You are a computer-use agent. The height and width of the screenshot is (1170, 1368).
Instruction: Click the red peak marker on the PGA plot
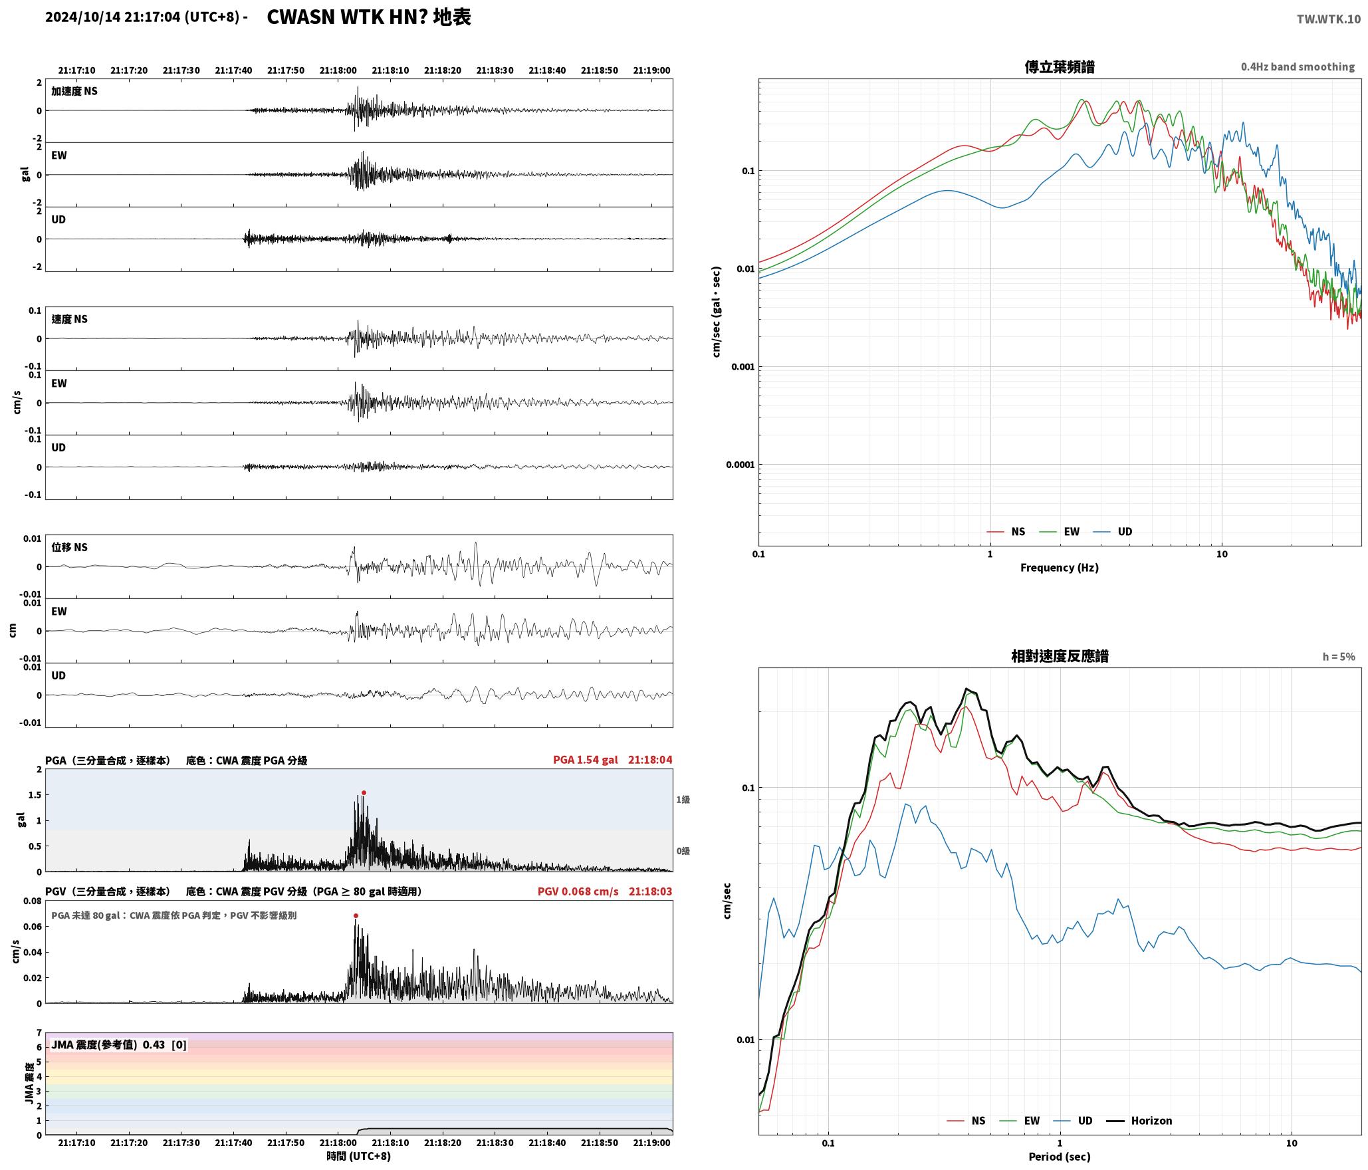(x=364, y=792)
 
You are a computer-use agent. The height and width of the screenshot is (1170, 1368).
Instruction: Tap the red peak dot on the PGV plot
(x=356, y=915)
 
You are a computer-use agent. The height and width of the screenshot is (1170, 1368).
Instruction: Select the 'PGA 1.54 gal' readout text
(x=586, y=760)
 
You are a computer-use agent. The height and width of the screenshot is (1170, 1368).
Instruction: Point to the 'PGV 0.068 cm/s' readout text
(x=578, y=891)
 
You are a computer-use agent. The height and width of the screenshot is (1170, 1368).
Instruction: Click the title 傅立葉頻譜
(x=1060, y=66)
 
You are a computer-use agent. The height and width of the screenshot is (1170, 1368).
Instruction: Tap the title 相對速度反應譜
(x=1060, y=655)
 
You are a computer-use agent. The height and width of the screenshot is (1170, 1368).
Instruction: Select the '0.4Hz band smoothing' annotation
(x=1298, y=66)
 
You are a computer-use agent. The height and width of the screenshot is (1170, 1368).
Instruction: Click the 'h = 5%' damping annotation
(x=1339, y=656)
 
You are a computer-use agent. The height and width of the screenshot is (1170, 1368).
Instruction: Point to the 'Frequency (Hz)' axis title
(x=1060, y=567)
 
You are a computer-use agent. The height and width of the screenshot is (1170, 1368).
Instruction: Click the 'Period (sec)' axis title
(x=1060, y=1156)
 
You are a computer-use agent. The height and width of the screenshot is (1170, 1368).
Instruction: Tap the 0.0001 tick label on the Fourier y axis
(x=741, y=464)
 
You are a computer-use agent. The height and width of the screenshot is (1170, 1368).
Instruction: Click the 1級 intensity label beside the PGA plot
(x=683, y=799)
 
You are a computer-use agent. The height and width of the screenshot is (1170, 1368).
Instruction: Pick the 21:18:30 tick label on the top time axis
(x=495, y=70)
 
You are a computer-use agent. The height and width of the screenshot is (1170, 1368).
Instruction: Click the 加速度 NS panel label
(x=74, y=91)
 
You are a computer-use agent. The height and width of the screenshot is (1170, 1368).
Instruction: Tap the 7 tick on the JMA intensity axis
(x=39, y=1032)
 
